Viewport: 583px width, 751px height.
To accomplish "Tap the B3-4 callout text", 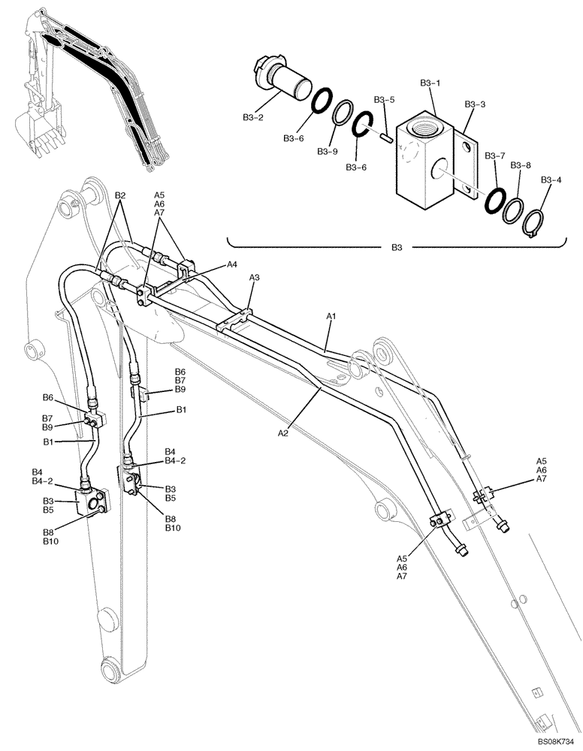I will tap(551, 179).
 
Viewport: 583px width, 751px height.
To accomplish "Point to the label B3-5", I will tap(384, 99).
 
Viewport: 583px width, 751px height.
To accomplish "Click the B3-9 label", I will tap(328, 151).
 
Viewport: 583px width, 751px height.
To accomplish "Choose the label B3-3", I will tap(475, 104).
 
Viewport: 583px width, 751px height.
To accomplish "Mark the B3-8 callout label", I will tap(521, 164).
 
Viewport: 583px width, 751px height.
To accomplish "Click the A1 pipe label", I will tap(331, 318).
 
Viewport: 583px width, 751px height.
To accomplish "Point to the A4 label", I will tap(233, 264).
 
